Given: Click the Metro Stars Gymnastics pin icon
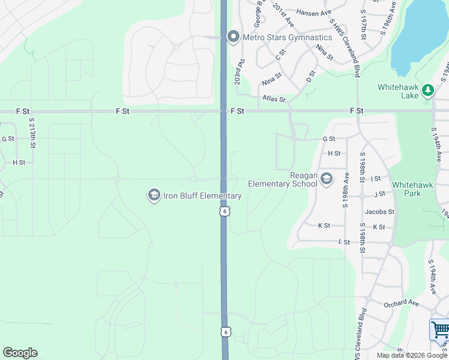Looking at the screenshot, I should coord(234,37).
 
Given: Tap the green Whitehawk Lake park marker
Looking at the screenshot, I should coord(427,91).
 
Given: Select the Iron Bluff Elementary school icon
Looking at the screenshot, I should coord(154,196).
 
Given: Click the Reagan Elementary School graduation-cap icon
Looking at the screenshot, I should coord(327,179).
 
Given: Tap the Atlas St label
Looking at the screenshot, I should coord(273,99).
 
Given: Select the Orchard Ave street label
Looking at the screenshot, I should coord(402,303).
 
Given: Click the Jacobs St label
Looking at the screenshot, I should coord(379,212).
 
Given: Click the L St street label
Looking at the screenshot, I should coord(344,242).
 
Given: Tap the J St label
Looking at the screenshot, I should coord(379,194).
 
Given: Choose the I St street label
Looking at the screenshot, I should coord(376,179).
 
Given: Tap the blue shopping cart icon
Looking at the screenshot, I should coord(440,331).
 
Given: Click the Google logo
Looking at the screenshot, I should coord(20,353).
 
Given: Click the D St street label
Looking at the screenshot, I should coord(310,77).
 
